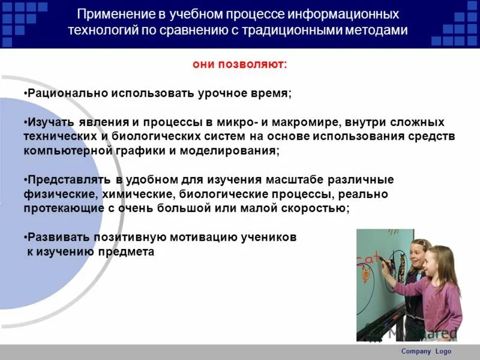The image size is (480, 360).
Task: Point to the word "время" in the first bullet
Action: (x=272, y=94)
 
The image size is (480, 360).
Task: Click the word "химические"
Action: (x=130, y=194)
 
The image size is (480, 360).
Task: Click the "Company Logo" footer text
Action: (x=425, y=352)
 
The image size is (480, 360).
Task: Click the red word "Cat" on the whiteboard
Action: (x=367, y=261)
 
